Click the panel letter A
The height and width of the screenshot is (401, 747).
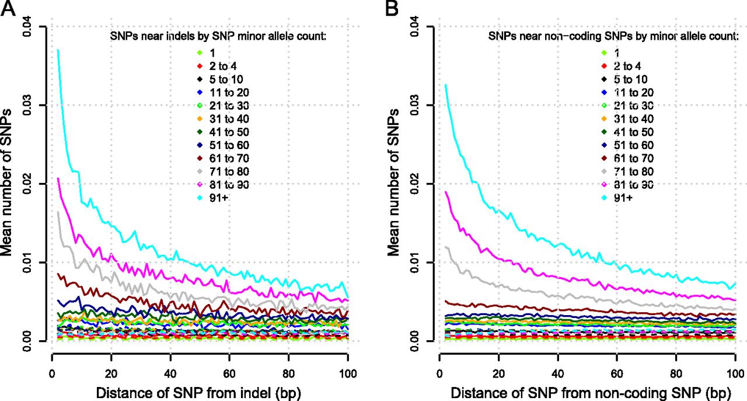pos(8,8)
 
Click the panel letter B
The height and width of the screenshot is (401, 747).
pos(393,8)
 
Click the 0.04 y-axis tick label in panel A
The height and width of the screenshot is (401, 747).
pos(26,26)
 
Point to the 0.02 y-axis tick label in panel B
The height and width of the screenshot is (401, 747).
pos(415,184)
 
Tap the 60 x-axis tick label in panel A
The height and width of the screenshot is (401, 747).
pos(229,374)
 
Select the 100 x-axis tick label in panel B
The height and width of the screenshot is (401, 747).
pos(735,374)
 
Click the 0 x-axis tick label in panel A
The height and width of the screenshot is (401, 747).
pos(52,374)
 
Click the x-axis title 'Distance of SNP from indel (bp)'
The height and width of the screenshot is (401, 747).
pos(199,393)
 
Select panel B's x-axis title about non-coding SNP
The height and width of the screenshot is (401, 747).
pos(591,393)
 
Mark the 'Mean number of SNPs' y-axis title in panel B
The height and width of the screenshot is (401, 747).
pos(394,182)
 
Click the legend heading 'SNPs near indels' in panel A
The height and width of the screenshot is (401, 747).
pos(157,36)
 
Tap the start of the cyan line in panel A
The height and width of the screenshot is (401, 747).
pos(58,50)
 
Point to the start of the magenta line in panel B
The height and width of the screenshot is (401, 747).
pos(445,192)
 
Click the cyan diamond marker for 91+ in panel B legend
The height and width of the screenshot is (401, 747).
pos(604,198)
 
